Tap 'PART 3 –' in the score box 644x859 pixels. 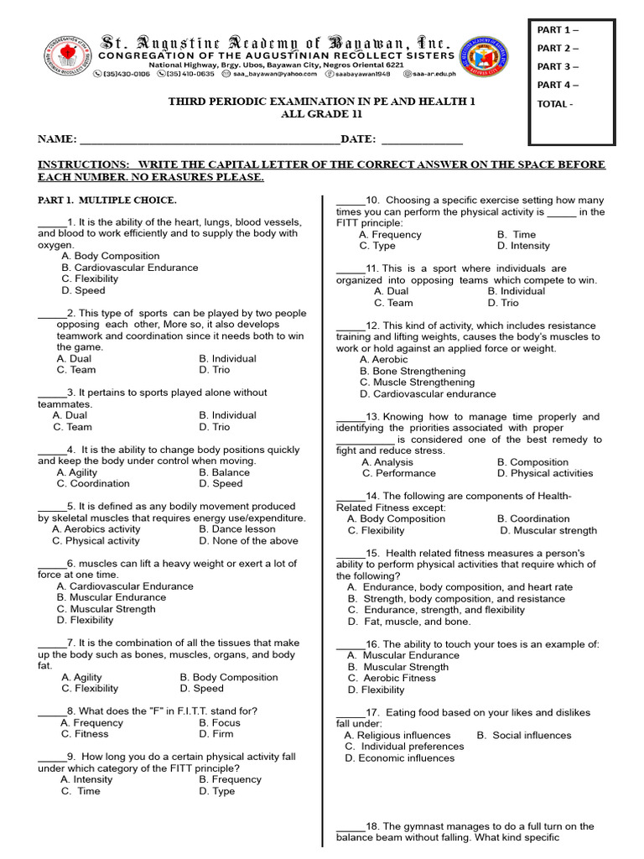(558, 66)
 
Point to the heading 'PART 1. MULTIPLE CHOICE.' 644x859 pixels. (107, 200)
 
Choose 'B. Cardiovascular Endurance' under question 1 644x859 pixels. (129, 268)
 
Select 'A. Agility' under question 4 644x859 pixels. (77, 472)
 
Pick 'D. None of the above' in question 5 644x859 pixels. (248, 541)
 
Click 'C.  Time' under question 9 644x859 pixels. (80, 791)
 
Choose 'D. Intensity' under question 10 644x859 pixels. (523, 246)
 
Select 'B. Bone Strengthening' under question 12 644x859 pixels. (412, 371)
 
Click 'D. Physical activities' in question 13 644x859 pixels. (544, 473)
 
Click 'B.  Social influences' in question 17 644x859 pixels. (524, 735)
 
